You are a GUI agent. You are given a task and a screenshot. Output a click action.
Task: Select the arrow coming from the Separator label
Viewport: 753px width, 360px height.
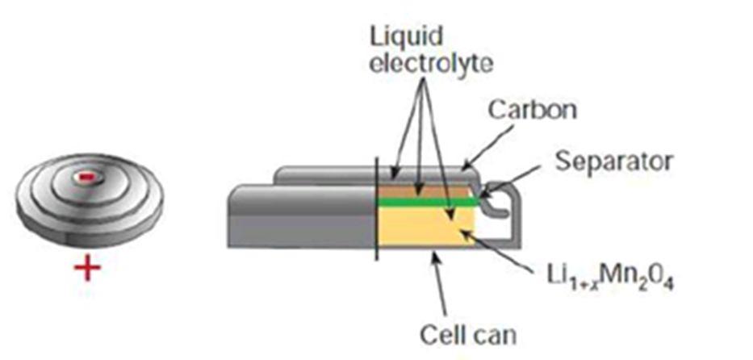point(517,179)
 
